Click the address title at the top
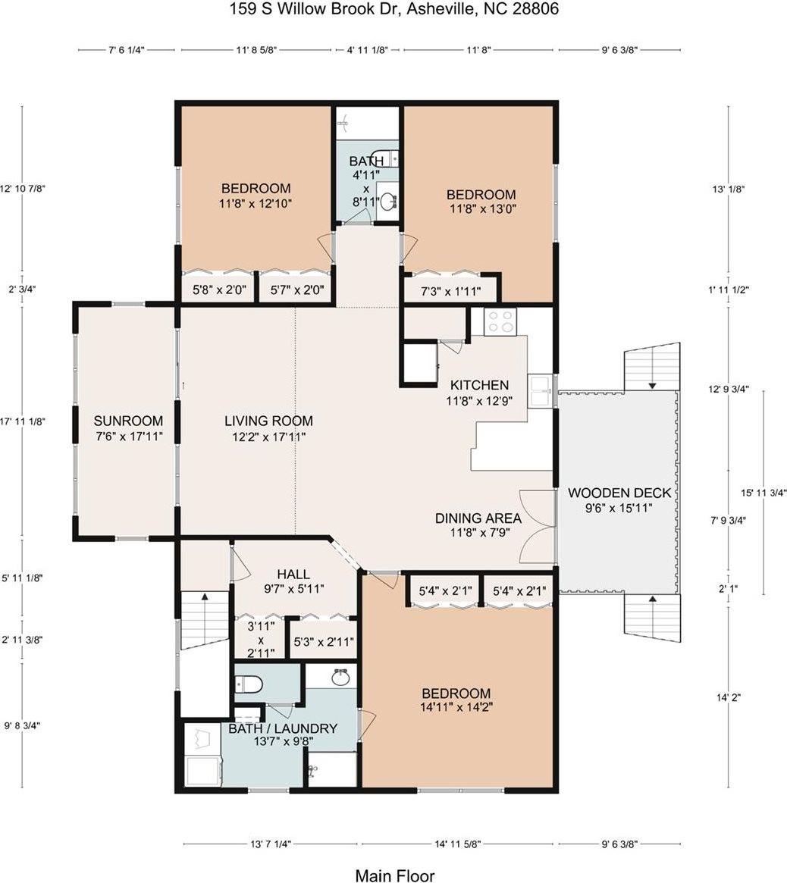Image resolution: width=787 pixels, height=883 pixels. pyautogui.click(x=394, y=9)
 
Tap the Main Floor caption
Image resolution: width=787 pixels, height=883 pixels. pyautogui.click(x=394, y=876)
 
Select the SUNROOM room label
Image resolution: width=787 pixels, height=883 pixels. pyautogui.click(x=128, y=421)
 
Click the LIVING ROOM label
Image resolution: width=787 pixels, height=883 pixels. pyautogui.click(x=268, y=421)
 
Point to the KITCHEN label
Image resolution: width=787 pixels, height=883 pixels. pyautogui.click(x=479, y=385)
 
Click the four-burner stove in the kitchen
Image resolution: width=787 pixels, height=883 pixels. pyautogui.click(x=500, y=322)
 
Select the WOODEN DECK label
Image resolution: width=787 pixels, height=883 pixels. pyautogui.click(x=619, y=493)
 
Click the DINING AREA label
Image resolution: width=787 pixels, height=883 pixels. pyautogui.click(x=478, y=518)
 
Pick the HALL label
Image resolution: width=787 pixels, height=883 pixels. pyautogui.click(x=293, y=575)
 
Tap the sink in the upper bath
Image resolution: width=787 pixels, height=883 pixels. pyautogui.click(x=389, y=202)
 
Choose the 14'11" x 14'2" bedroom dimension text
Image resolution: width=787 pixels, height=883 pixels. pyautogui.click(x=456, y=708)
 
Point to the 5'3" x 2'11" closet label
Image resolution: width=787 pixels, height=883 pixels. pyautogui.click(x=322, y=642)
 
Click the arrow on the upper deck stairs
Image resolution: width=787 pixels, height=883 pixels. pyautogui.click(x=652, y=385)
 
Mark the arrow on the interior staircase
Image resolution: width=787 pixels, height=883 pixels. pyautogui.click(x=204, y=598)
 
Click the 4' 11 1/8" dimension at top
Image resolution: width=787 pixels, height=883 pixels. pyautogui.click(x=367, y=50)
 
